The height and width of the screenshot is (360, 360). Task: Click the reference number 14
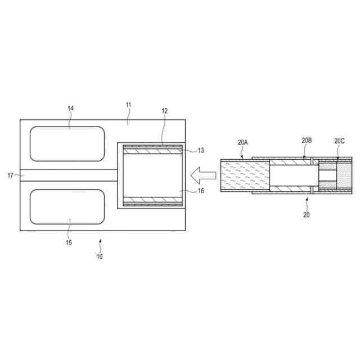(x=70, y=108)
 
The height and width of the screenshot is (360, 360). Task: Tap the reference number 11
(x=129, y=105)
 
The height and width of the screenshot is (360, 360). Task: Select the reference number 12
(x=165, y=111)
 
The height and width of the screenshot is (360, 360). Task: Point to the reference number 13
(x=201, y=150)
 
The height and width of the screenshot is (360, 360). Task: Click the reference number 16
(x=201, y=191)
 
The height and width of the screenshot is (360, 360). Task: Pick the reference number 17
(x=10, y=175)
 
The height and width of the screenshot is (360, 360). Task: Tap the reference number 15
(x=69, y=242)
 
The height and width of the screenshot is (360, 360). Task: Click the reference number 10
(x=100, y=256)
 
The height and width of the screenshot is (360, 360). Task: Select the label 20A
(x=242, y=142)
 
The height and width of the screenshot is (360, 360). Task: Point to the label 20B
(x=307, y=140)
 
